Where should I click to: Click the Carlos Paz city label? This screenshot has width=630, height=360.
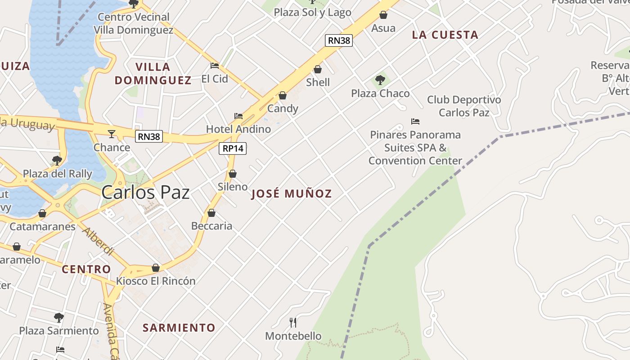145,192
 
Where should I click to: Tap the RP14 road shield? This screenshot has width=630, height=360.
233,148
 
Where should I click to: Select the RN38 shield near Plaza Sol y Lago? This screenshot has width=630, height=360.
338,40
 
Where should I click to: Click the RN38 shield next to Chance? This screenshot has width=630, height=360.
148,136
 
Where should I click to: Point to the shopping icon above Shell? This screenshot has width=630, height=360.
318,69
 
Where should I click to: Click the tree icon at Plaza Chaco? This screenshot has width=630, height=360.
380,81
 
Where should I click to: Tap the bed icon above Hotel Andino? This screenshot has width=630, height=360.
238,116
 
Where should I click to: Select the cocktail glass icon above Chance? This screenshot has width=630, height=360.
112,134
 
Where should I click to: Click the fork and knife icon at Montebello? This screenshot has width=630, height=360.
293,322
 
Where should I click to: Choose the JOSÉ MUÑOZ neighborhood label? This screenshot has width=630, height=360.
292,194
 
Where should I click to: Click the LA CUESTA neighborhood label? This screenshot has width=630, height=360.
445,35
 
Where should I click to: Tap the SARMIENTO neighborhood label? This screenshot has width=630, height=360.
179,328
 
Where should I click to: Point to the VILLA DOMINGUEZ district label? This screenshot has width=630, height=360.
153,74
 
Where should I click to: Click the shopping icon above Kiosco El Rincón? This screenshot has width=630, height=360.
156,268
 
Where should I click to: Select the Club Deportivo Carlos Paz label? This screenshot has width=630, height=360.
464,106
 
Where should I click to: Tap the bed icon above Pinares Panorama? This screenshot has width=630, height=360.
415,121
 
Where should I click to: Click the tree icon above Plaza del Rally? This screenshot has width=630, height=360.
57,160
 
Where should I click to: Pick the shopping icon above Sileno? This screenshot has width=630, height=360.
233,174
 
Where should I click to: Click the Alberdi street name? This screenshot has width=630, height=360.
98,241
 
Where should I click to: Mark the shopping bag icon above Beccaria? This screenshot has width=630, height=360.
211,213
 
